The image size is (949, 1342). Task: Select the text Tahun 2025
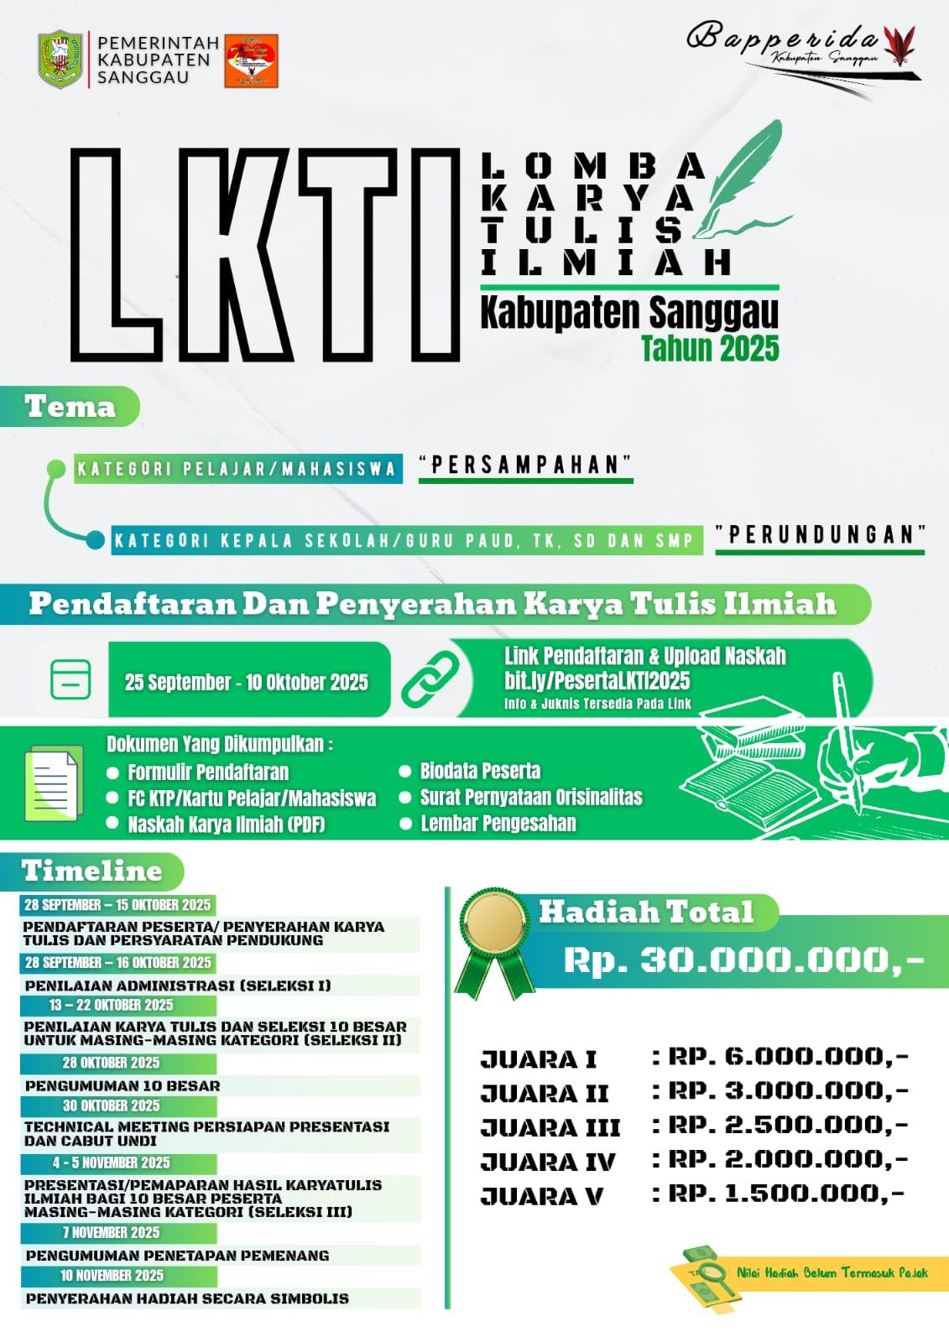click(710, 348)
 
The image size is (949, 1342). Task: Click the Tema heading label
click(70, 407)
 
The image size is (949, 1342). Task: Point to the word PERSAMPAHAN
click(525, 465)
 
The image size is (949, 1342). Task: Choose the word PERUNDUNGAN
click(820, 535)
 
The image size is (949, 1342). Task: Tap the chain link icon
click(430, 679)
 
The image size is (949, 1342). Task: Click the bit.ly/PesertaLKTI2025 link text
click(597, 680)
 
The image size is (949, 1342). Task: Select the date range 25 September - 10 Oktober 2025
click(246, 682)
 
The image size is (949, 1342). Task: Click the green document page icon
click(54, 783)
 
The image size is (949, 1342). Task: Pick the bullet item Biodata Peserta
click(480, 771)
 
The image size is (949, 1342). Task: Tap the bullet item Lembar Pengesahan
click(498, 824)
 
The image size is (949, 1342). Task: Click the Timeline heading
click(92, 871)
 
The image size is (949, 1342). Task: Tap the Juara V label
click(542, 1196)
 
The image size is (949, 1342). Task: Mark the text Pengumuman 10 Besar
click(123, 1085)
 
